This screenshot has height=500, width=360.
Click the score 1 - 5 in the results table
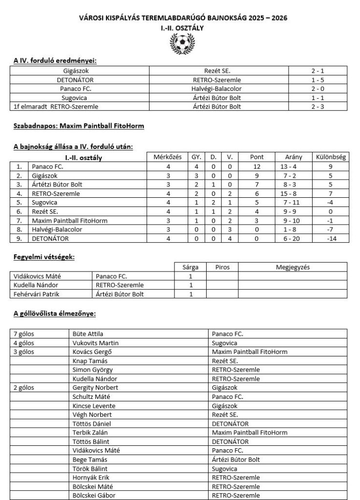click(320, 80)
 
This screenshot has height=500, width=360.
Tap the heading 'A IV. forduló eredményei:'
click(55, 61)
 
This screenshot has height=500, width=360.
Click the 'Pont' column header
click(256, 157)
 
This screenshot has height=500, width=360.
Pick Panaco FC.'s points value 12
click(256, 167)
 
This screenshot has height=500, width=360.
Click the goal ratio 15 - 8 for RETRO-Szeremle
click(294, 193)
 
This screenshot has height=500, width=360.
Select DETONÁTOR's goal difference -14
click(331, 238)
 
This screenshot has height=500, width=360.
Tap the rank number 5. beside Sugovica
click(20, 203)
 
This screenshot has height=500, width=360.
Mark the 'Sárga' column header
click(191, 267)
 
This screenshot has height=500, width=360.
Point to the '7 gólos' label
click(25, 334)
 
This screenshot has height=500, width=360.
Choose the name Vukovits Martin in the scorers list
click(95, 343)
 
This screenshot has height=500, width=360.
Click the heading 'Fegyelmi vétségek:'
click(44, 256)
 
